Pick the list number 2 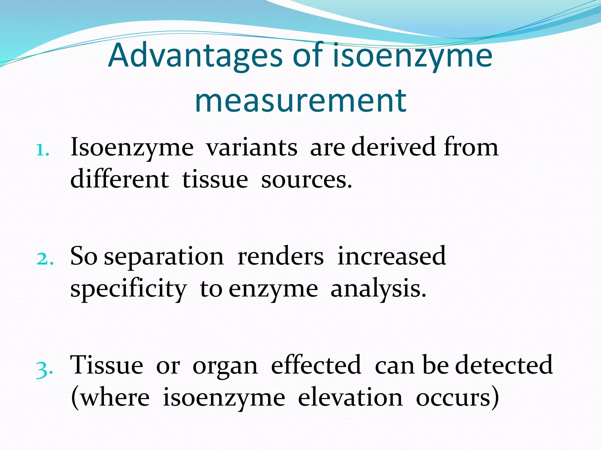45,259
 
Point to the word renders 281,256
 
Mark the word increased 392,256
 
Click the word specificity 128,289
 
